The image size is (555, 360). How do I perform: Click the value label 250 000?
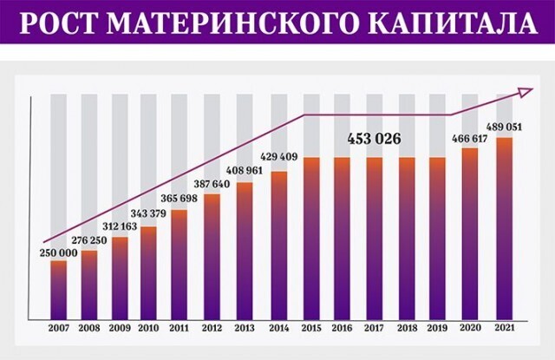[58, 252]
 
